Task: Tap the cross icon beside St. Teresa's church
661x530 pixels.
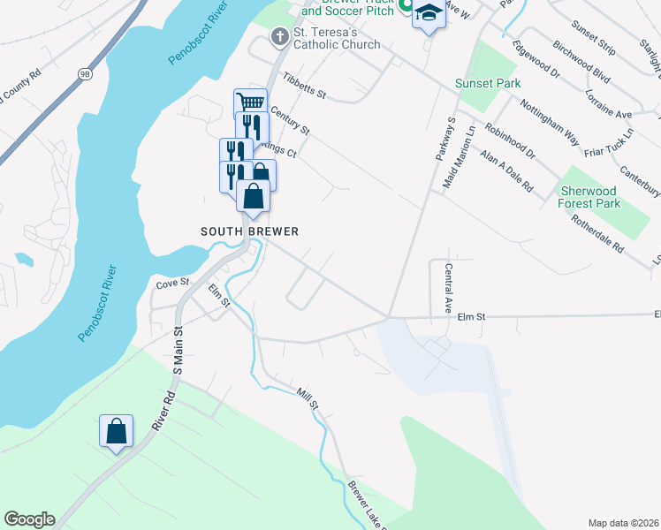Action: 280,36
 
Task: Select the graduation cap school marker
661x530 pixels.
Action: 429,13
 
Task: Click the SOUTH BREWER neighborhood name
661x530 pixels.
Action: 249,231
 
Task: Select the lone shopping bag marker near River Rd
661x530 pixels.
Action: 116,431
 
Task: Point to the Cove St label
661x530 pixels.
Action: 172,283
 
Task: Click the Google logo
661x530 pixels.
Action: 29,519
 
